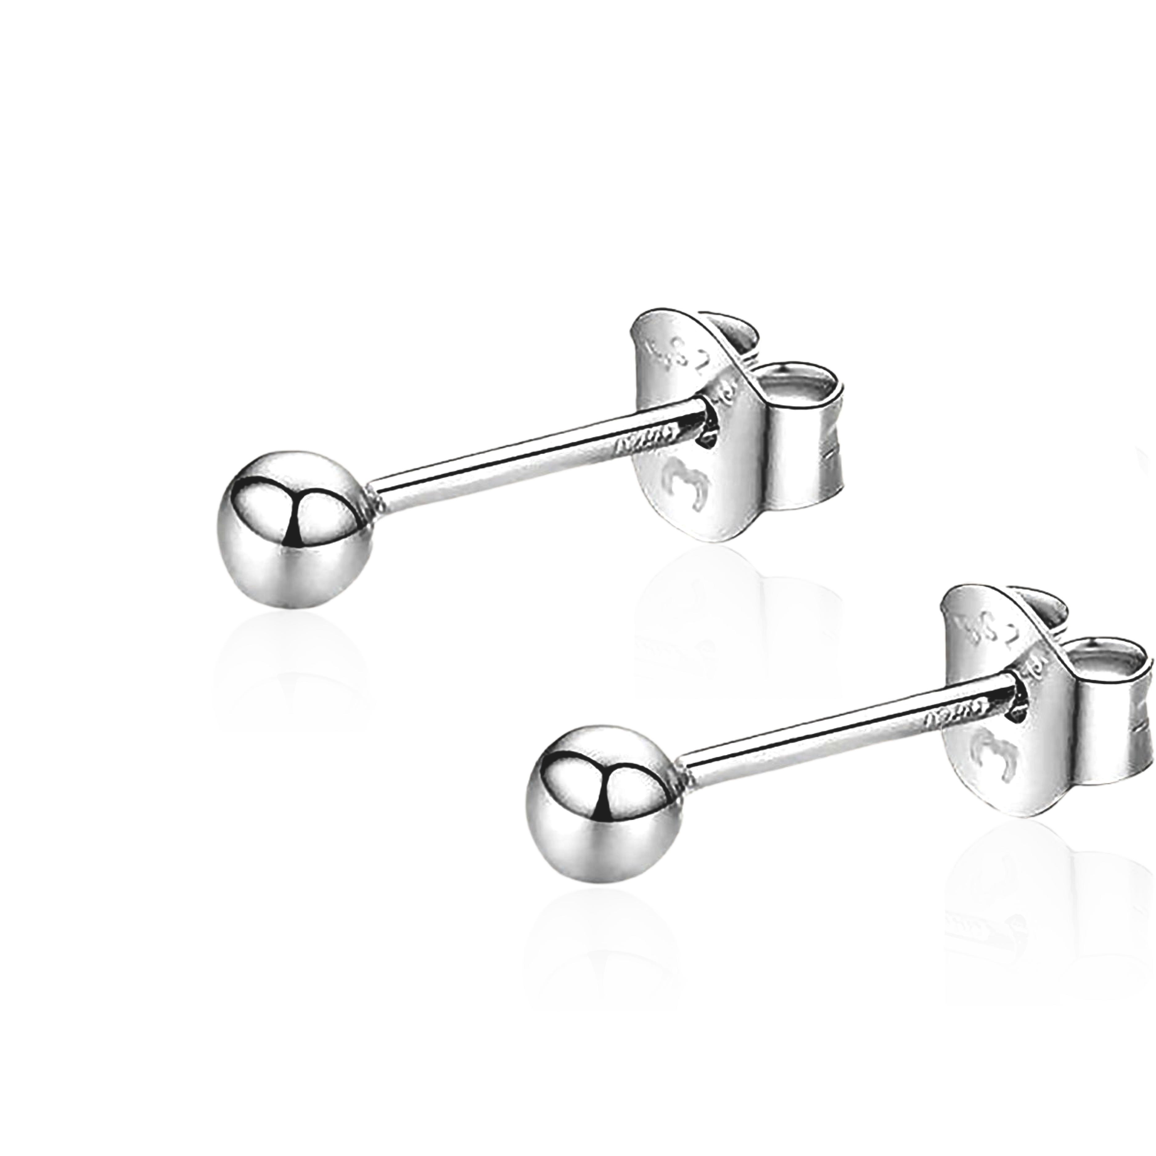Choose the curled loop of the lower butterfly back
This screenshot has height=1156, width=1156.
[x=1107, y=688]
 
